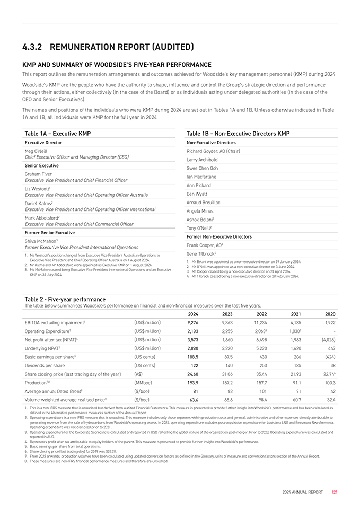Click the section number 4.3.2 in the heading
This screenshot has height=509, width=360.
click(x=35, y=48)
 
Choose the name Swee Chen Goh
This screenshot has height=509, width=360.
click(x=203, y=168)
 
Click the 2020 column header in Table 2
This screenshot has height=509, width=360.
click(x=329, y=313)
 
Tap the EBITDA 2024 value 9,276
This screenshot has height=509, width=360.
click(x=193, y=322)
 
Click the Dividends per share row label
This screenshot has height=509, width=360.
click(x=45, y=365)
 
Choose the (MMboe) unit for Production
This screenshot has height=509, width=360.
click(x=144, y=383)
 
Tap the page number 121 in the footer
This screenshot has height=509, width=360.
click(x=335, y=493)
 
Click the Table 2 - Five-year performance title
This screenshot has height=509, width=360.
click(x=65, y=300)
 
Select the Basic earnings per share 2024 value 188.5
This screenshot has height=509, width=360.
click(x=193, y=357)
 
